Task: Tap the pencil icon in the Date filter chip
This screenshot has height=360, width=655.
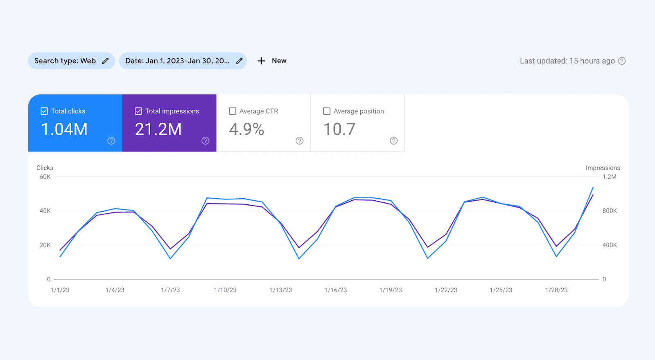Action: (239, 61)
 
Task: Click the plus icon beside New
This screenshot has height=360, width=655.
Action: (261, 61)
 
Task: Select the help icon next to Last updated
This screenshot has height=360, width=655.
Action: (622, 61)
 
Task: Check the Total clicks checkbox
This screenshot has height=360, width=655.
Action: (44, 111)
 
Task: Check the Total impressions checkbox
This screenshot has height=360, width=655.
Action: (138, 111)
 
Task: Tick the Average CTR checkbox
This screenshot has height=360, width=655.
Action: (233, 111)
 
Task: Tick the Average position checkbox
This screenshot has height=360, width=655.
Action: (327, 111)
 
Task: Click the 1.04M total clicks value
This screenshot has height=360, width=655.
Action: (64, 129)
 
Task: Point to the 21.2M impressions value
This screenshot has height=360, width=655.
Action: (158, 129)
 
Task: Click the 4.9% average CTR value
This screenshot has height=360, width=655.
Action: (246, 129)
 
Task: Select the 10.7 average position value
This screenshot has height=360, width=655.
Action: (339, 129)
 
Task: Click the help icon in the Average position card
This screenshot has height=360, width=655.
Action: (394, 140)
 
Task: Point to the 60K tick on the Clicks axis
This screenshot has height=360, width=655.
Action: (45, 177)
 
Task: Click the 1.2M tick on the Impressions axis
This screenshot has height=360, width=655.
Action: (609, 177)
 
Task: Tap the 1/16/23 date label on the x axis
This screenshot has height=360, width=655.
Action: (336, 290)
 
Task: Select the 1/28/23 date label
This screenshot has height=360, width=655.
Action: (556, 290)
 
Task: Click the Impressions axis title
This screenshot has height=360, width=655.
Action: (603, 168)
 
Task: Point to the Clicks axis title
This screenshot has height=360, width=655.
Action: (45, 168)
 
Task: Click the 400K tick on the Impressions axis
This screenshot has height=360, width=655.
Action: (610, 245)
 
